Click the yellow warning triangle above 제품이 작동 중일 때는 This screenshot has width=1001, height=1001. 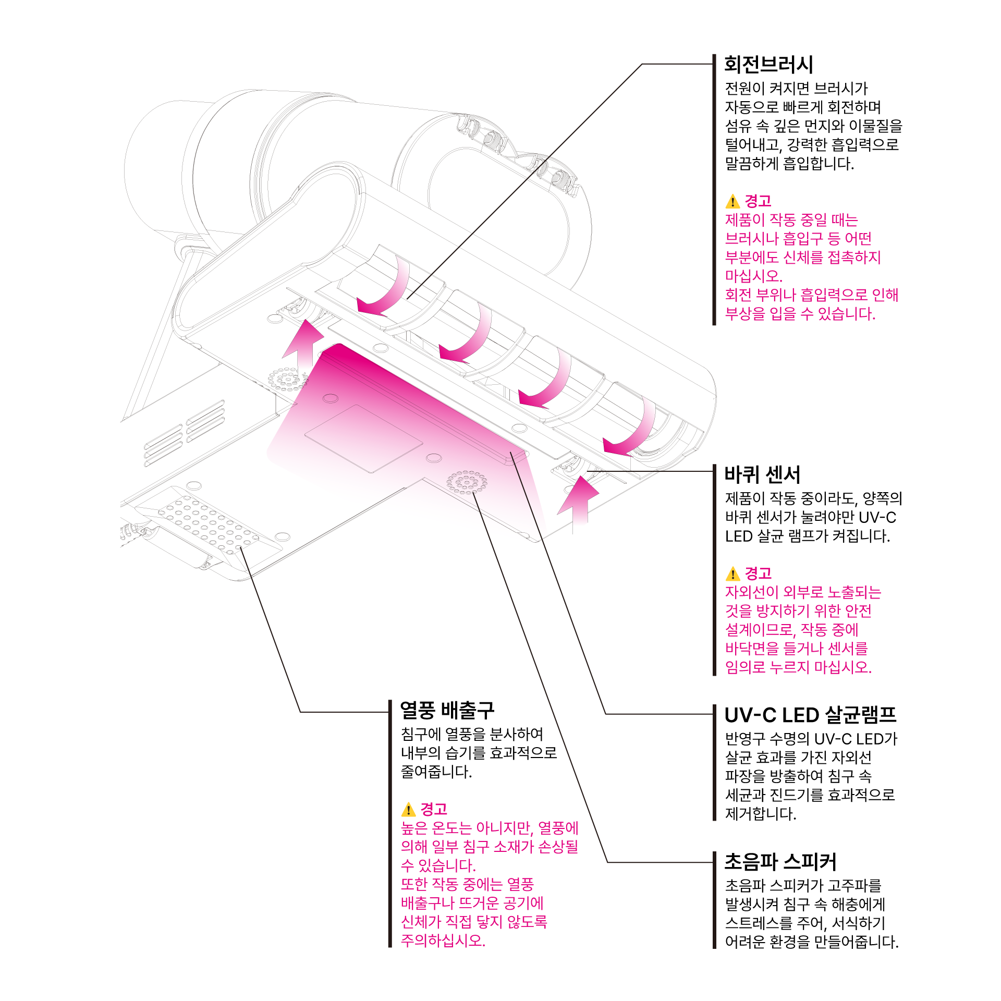[733, 201]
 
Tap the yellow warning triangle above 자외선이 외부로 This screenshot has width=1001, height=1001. [733, 574]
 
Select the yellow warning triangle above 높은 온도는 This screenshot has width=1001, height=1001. [408, 810]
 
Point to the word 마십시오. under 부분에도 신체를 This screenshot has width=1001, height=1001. [753, 276]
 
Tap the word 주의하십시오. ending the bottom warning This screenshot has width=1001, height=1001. [443, 941]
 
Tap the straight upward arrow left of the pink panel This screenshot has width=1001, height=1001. [304, 347]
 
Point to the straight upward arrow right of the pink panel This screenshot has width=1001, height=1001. [579, 503]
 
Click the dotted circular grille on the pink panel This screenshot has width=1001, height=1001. [467, 483]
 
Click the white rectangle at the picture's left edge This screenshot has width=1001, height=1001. [60, 379]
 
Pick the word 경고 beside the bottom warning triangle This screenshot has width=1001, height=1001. [434, 810]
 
